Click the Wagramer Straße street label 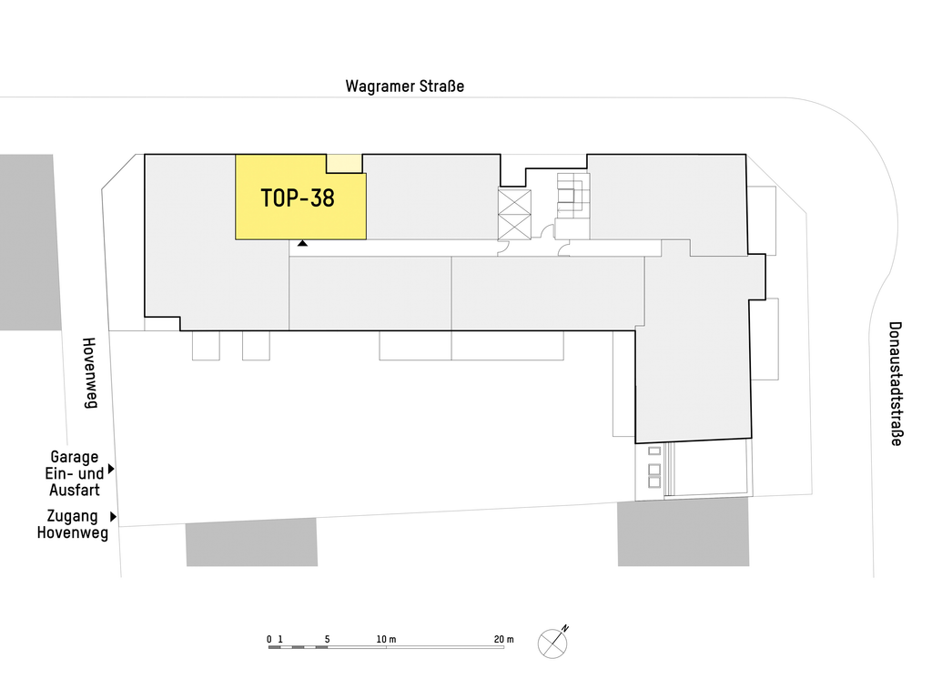tap(405, 86)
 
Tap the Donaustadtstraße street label tap(896, 384)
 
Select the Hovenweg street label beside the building tap(89, 373)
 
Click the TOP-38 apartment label tap(298, 198)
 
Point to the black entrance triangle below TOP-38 tap(302, 243)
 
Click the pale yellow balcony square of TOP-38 tap(345, 164)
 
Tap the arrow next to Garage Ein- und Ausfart tap(111, 469)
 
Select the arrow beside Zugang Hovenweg tap(113, 517)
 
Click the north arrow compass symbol tap(553, 643)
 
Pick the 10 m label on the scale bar tap(386, 640)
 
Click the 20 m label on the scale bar tap(504, 640)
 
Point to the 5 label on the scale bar tap(327, 640)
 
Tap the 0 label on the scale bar tap(269, 640)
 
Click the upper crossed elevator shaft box tap(514, 201)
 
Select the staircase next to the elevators tap(573, 195)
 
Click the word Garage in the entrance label tap(75, 457)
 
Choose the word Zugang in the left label tap(72, 516)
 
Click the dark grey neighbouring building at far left tap(30, 242)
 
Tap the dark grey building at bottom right tap(684, 532)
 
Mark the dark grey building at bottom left tap(251, 542)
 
